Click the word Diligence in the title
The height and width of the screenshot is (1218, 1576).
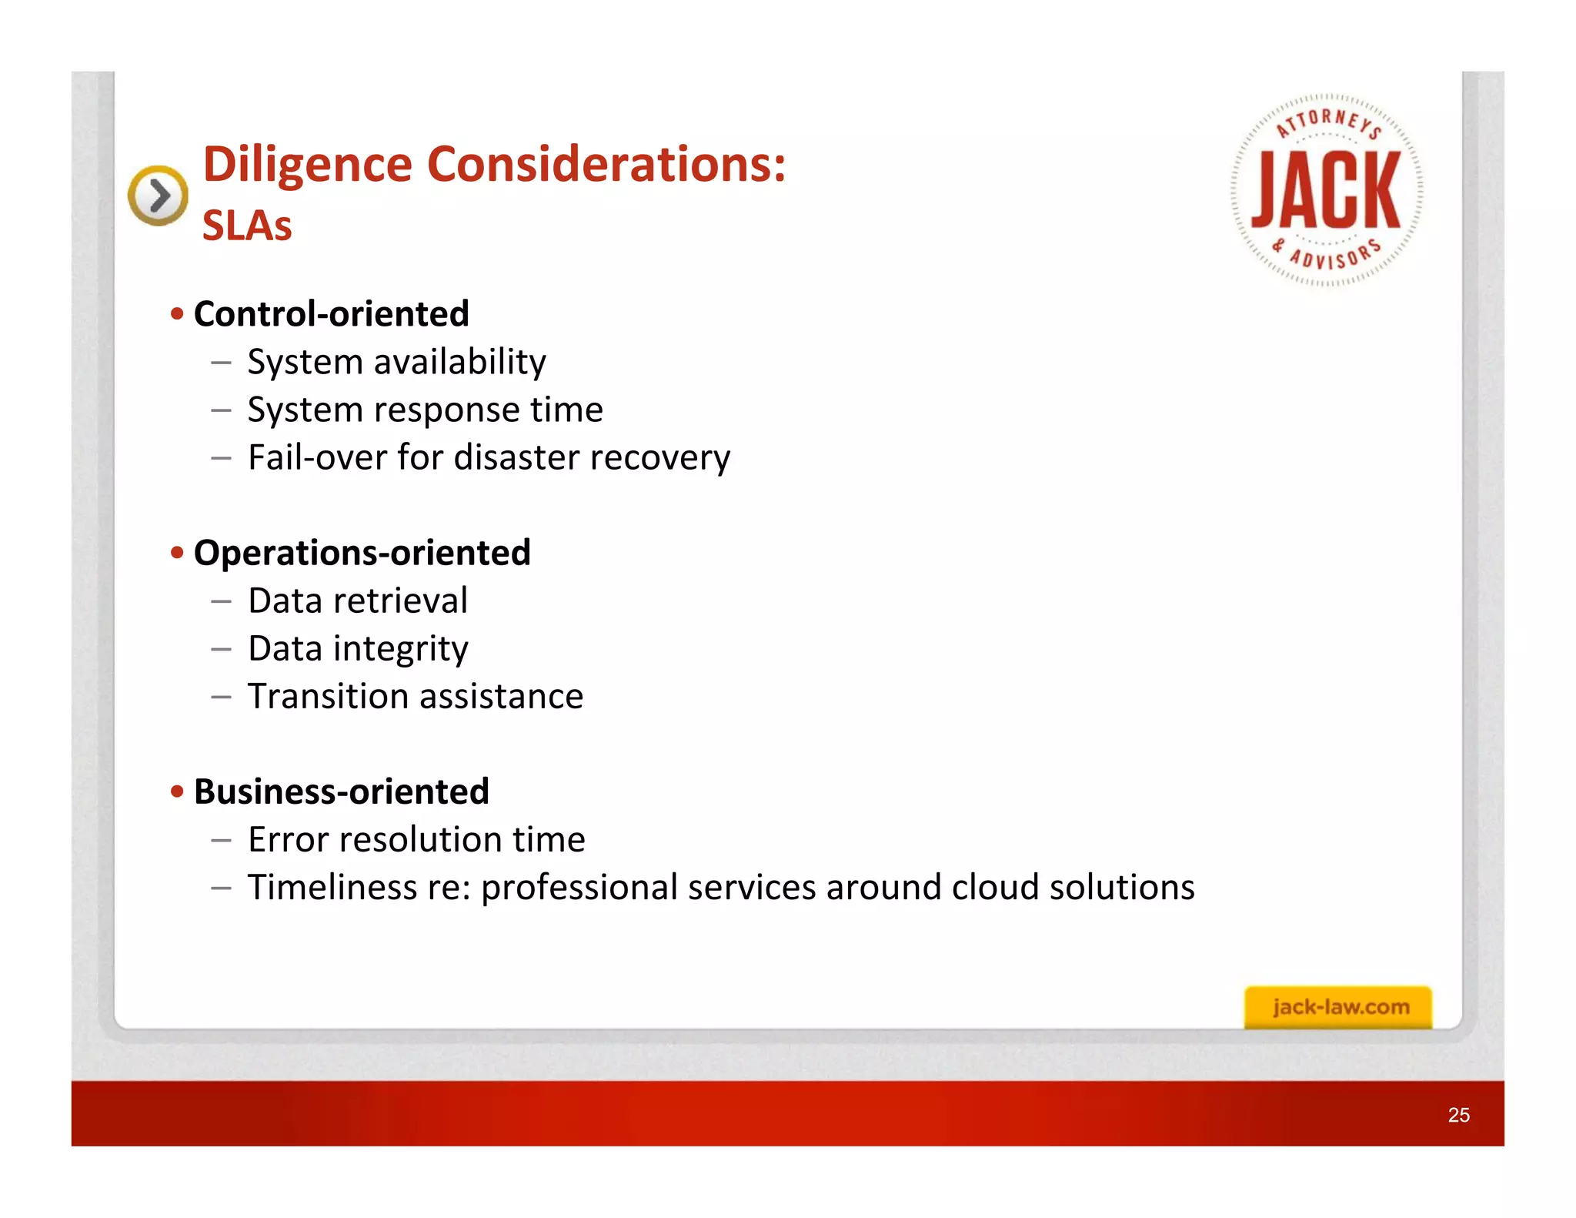coord(308,166)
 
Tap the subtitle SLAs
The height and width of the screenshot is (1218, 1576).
coord(247,226)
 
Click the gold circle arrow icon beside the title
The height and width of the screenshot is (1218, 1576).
coord(158,196)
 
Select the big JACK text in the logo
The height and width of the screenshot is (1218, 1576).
coord(1326,189)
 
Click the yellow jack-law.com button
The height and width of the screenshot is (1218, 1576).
coord(1338,1006)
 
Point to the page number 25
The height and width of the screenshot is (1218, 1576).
coord(1458,1115)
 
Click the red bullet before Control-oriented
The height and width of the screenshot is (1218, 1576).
coord(178,314)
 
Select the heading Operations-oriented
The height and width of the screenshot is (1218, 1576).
coord(362,553)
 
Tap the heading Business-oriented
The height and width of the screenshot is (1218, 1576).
coord(341,791)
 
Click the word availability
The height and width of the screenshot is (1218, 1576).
coord(459,362)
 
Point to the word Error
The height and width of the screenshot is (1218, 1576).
coord(289,839)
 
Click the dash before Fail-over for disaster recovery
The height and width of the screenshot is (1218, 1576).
coord(221,458)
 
